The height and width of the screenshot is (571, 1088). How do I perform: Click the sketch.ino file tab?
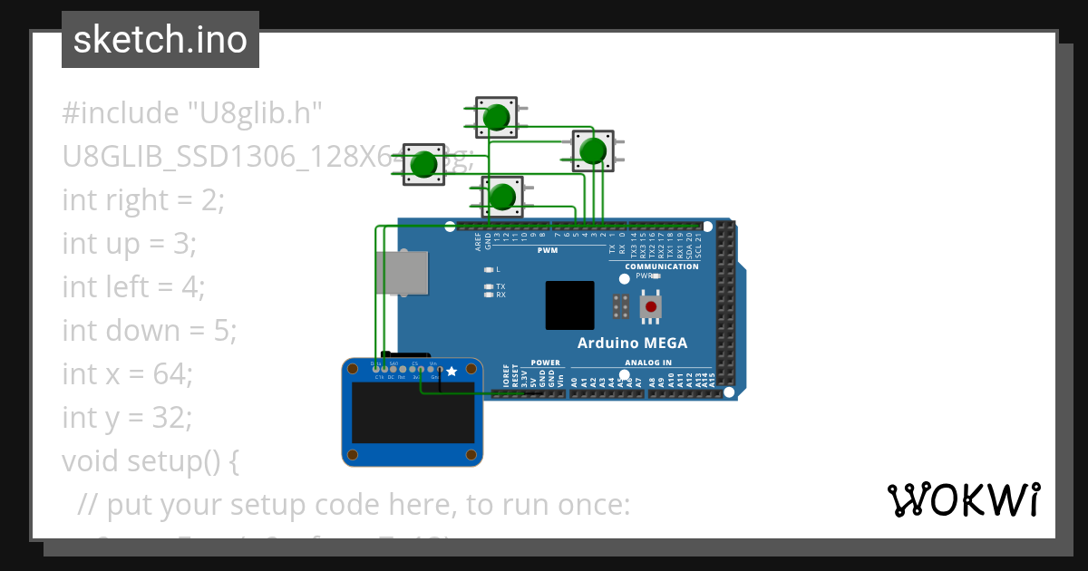tap(160, 40)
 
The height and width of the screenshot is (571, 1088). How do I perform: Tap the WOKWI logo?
tap(963, 500)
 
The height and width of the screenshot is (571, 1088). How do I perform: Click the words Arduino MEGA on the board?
tap(632, 343)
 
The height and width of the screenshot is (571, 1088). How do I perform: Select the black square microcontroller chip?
tap(569, 305)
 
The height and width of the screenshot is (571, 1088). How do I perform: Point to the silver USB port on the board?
tap(402, 273)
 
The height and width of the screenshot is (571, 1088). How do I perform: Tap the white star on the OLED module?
tap(452, 371)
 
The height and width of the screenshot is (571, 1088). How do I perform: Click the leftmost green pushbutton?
tap(423, 164)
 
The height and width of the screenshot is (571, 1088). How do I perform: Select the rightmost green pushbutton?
tap(593, 150)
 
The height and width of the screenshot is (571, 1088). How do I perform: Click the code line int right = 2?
tap(142, 199)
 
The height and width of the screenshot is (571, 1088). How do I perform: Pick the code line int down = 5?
tap(150, 331)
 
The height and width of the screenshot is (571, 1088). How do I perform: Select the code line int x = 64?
tap(127, 373)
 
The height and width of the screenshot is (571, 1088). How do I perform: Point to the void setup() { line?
tap(151, 460)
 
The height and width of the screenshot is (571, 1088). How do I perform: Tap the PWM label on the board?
tap(548, 250)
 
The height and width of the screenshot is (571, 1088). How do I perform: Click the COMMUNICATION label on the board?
tap(662, 266)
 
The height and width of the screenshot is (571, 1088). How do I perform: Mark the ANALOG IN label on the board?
tap(648, 363)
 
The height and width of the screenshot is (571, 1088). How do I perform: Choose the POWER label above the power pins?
tap(546, 363)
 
